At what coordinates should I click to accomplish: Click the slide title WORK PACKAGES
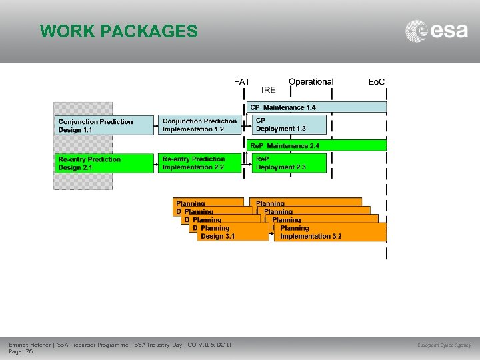tap(119, 31)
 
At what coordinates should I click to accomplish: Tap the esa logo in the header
tap(437, 31)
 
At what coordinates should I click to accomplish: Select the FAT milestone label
tap(242, 82)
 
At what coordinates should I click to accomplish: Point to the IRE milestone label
tap(269, 90)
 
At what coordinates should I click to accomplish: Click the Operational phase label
tap(311, 82)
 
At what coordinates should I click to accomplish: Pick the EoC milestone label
tap(377, 82)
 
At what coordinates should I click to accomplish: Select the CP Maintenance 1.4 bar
tap(317, 107)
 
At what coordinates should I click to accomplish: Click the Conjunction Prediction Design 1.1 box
tap(104, 125)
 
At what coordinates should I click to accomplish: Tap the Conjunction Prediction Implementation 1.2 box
tap(200, 125)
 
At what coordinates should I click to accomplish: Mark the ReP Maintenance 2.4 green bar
tap(317, 145)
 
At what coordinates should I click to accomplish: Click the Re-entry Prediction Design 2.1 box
tap(104, 163)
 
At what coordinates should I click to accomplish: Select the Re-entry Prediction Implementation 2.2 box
tap(200, 163)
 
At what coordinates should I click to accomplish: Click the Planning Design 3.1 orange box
tap(233, 232)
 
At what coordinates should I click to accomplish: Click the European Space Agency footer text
tap(444, 345)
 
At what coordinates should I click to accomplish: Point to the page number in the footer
tap(21, 351)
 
